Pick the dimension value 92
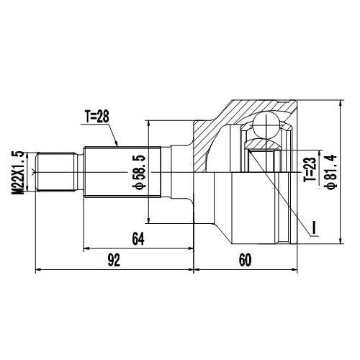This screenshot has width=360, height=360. point(113,261)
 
